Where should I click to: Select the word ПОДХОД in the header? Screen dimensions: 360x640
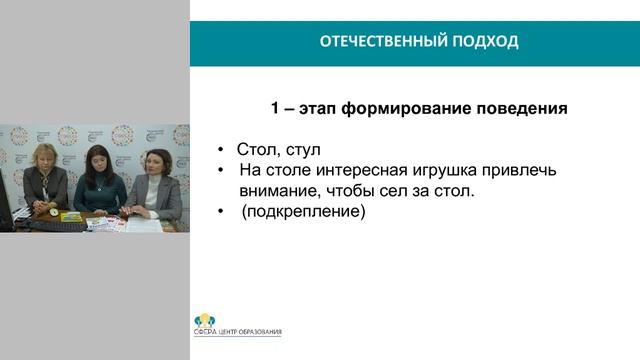tap(486, 42)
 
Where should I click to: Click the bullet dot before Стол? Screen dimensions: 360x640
tap(222, 151)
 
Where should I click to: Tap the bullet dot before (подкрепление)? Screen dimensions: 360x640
tap(222, 212)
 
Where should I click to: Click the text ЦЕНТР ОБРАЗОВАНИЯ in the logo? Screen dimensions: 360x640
tap(251, 332)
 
